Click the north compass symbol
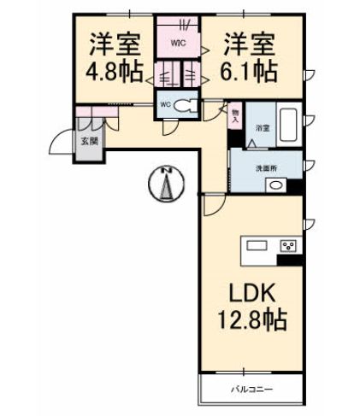point(168,185)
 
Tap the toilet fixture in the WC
point(190,106)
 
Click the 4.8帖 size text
point(113,72)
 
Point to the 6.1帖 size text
point(251,72)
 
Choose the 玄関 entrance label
point(88,142)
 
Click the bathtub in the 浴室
point(288,123)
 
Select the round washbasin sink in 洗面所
point(275,185)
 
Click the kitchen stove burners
point(288,247)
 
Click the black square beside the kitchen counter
point(295,261)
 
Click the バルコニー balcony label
point(250,391)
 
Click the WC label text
point(166,106)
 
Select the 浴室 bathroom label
point(263,127)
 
